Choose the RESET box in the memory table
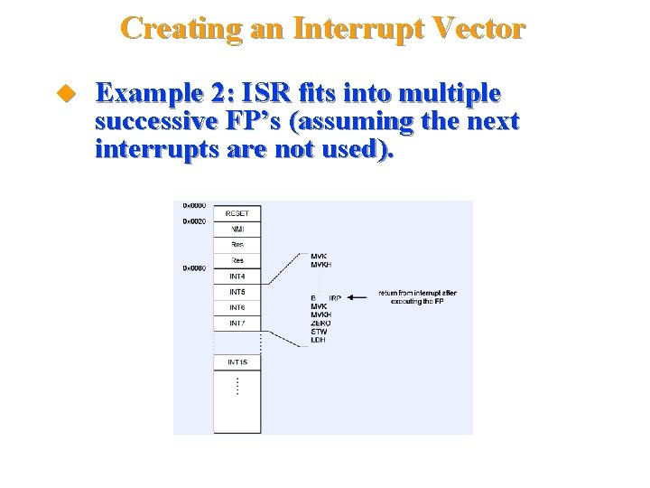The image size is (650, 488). [x=237, y=213]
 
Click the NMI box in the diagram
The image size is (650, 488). [x=237, y=229]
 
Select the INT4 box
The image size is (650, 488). [x=237, y=277]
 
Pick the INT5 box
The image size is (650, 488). [x=237, y=292]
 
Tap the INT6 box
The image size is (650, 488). [x=237, y=307]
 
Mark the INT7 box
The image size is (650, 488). [x=237, y=323]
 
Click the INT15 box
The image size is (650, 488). [x=237, y=362]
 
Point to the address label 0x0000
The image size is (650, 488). [x=194, y=205]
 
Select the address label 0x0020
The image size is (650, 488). [x=194, y=221]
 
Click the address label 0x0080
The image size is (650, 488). [x=194, y=268]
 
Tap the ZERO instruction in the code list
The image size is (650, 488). [x=320, y=324]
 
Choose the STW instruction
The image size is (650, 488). [x=318, y=332]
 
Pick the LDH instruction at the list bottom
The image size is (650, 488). [x=318, y=340]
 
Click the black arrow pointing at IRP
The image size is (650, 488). [x=360, y=296]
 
